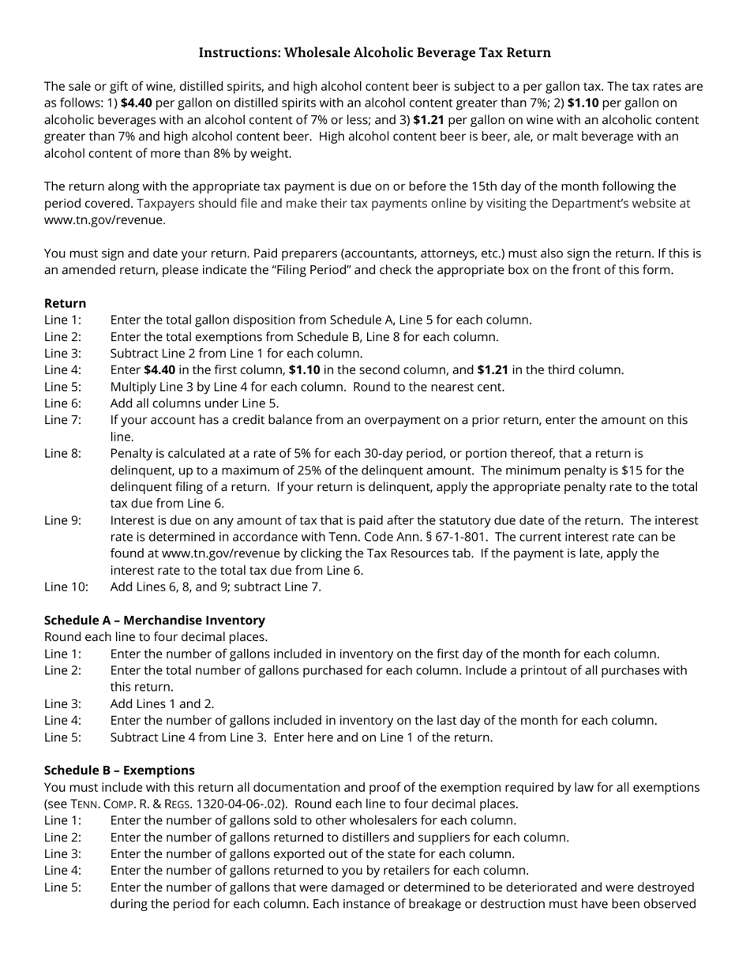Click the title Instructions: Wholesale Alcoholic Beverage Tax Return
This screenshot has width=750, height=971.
pos(374,53)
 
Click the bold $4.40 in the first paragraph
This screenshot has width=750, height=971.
pos(136,103)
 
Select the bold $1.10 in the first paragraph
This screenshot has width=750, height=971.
pos(583,103)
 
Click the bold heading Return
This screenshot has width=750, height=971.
pos(65,303)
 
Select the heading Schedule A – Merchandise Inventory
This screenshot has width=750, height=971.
pos(154,620)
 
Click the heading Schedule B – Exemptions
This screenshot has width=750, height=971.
pos(119,770)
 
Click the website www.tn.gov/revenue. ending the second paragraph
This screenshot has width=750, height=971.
pos(104,220)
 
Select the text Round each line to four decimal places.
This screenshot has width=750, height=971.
pos(156,637)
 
